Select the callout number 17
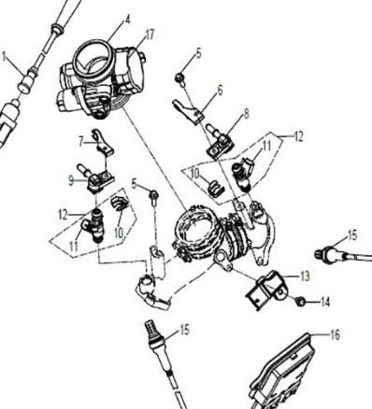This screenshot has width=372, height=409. pos(147,35)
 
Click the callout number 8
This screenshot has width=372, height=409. pos(246,113)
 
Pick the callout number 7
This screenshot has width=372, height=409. pos(81,142)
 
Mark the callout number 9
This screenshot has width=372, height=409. pos(70,178)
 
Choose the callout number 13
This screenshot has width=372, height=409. pos(305,276)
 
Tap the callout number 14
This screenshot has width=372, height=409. pos(325,303)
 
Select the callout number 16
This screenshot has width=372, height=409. pos(336,333)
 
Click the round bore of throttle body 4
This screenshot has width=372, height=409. pos(91,57)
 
